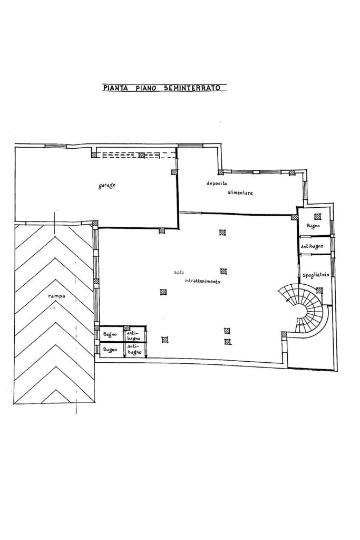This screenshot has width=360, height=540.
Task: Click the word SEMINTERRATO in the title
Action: (x=192, y=88)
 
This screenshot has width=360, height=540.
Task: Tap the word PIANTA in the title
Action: (x=115, y=88)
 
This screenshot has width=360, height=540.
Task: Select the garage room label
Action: (x=106, y=186)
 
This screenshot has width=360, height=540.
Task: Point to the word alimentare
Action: (x=240, y=192)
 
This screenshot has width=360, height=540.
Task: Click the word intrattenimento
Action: (x=202, y=281)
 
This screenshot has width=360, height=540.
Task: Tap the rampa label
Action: (x=57, y=296)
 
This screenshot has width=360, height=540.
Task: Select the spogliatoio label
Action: (x=316, y=275)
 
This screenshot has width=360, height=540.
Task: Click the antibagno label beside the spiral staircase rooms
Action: (x=312, y=247)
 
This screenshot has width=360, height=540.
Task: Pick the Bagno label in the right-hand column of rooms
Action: (x=313, y=226)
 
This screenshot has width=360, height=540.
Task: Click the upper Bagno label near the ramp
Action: (x=110, y=334)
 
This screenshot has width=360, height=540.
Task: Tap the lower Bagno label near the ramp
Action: (x=110, y=350)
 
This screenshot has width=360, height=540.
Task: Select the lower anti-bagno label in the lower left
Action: (x=134, y=349)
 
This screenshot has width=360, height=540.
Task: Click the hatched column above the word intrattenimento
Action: (x=223, y=272)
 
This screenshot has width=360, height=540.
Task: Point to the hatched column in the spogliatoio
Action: (x=319, y=291)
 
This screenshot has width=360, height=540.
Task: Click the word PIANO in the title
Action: (x=146, y=88)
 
